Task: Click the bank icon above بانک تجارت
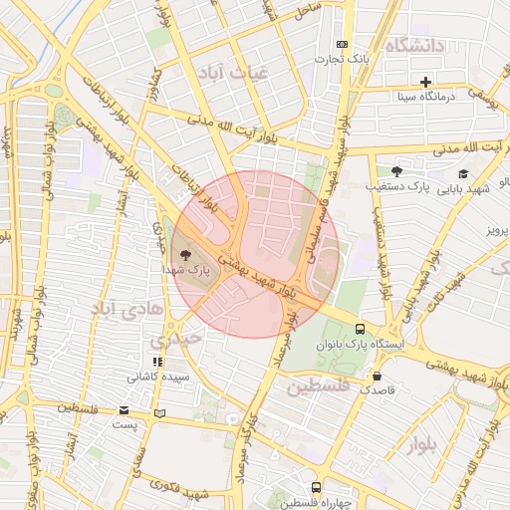[x=343, y=44]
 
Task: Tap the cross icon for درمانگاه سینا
[x=426, y=82]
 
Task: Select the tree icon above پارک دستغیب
[x=396, y=171]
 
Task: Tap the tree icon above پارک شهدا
[x=186, y=255]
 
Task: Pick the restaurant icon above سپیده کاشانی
[x=156, y=361]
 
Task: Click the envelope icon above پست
[x=124, y=410]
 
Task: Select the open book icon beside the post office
[x=160, y=411]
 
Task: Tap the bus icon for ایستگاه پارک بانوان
[x=360, y=328]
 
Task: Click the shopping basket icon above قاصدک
[x=378, y=376]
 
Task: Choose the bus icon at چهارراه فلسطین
[x=316, y=487]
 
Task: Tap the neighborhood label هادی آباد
[x=127, y=309]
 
